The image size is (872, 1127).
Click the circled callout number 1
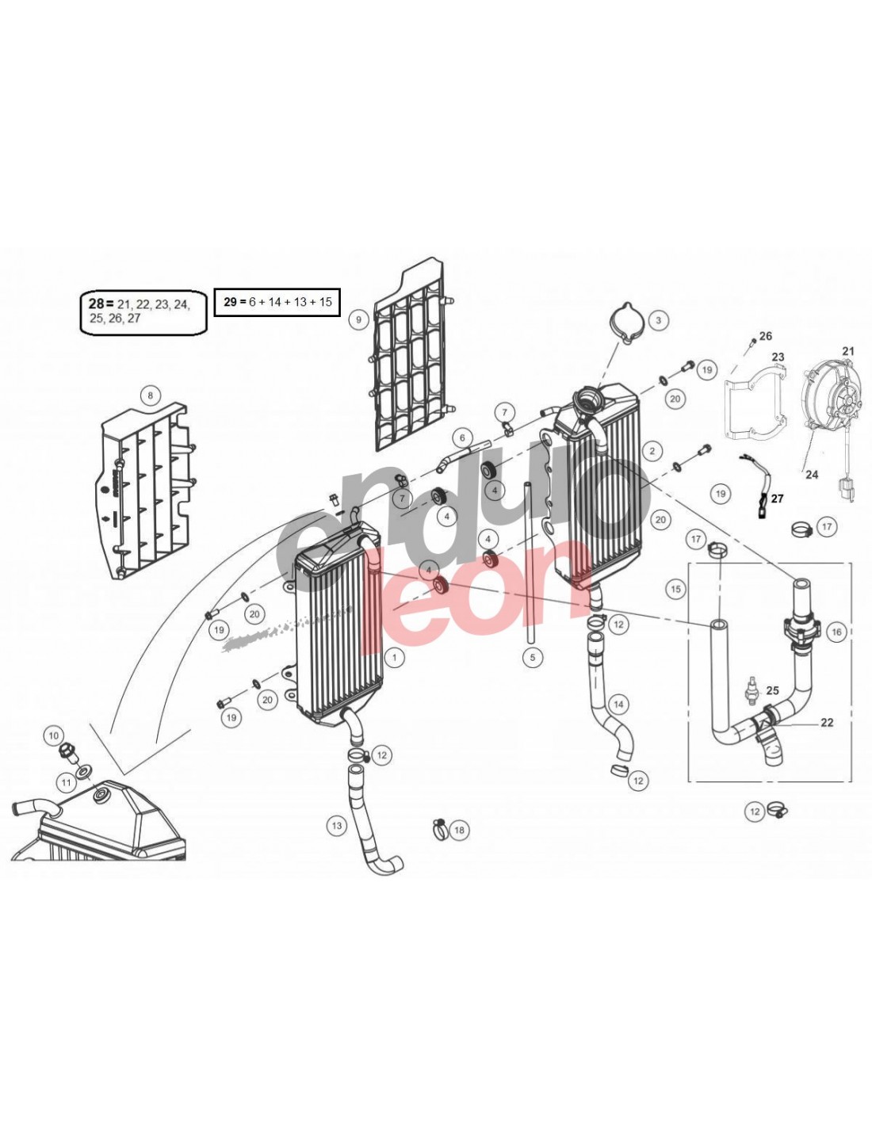[x=395, y=657]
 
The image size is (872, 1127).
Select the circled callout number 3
[x=658, y=320]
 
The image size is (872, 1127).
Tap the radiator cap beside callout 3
[x=625, y=322]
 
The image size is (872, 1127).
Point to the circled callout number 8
[x=151, y=395]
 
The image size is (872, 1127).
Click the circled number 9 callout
[x=358, y=319]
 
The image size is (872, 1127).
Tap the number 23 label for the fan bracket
[x=778, y=357]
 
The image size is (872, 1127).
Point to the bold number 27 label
[x=777, y=499]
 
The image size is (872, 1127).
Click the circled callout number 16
[x=837, y=632]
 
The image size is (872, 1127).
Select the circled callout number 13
[x=337, y=825]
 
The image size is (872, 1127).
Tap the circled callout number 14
[x=618, y=705]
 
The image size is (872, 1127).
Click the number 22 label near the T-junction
[x=826, y=722]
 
